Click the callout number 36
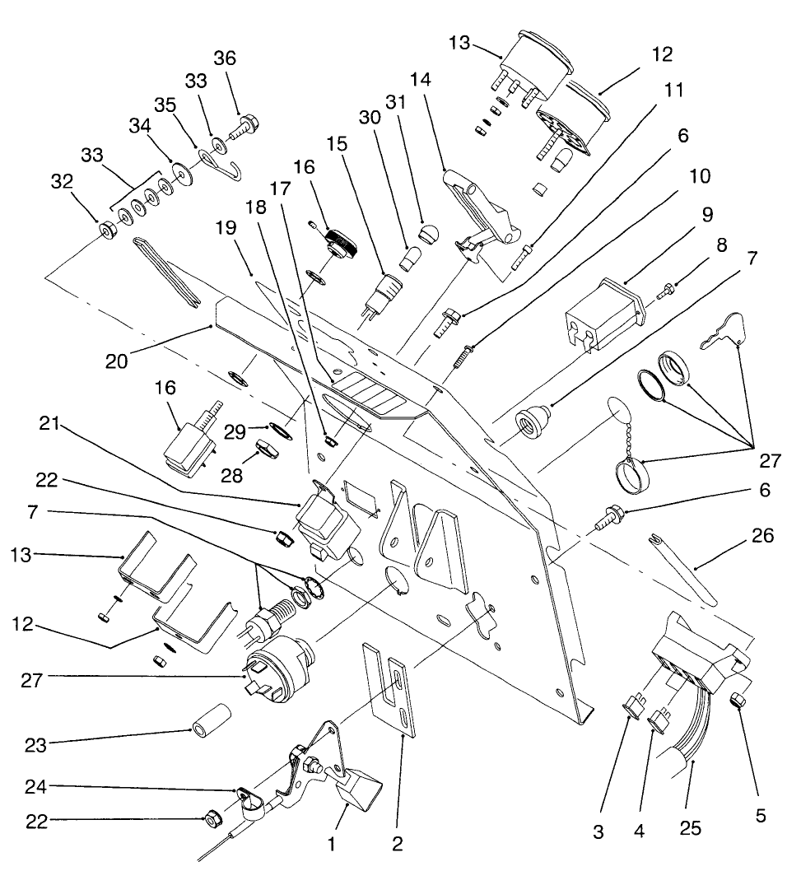point(224,58)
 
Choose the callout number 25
point(692,828)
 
